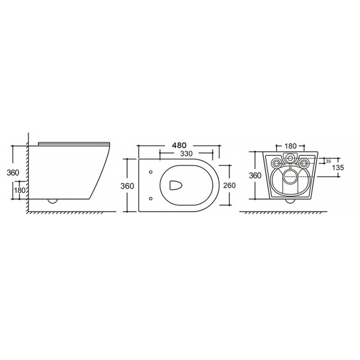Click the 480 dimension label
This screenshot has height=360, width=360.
click(179, 145)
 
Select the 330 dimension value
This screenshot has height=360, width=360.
click(186, 153)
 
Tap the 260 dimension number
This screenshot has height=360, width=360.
click(229, 185)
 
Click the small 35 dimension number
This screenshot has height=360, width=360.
click(328, 161)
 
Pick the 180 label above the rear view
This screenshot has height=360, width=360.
click(291, 146)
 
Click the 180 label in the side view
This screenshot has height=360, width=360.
click(20, 190)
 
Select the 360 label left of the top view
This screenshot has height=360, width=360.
click(127, 186)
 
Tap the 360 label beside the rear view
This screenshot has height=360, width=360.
click(255, 175)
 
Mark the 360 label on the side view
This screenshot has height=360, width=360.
click(13, 173)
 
